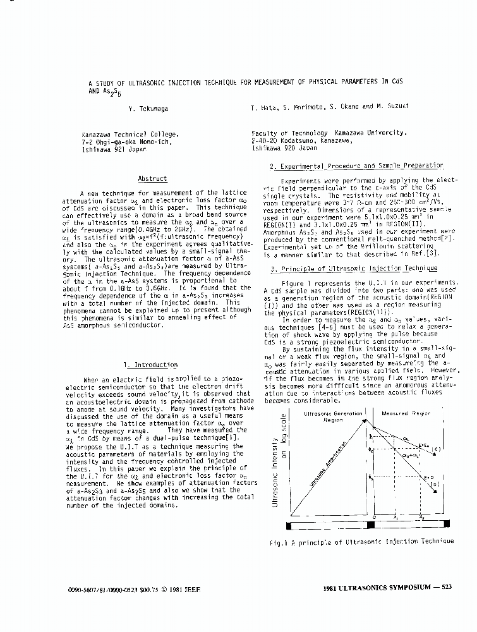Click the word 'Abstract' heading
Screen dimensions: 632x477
(x=152, y=179)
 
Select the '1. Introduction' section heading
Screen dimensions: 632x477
(x=151, y=365)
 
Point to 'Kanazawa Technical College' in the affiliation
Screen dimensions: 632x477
(x=130, y=134)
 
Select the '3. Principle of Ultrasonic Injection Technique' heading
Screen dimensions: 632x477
(x=353, y=269)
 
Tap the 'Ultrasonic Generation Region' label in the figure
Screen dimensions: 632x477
(x=333, y=416)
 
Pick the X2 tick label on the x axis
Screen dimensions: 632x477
(x=422, y=517)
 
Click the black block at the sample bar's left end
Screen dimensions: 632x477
(x=291, y=525)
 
